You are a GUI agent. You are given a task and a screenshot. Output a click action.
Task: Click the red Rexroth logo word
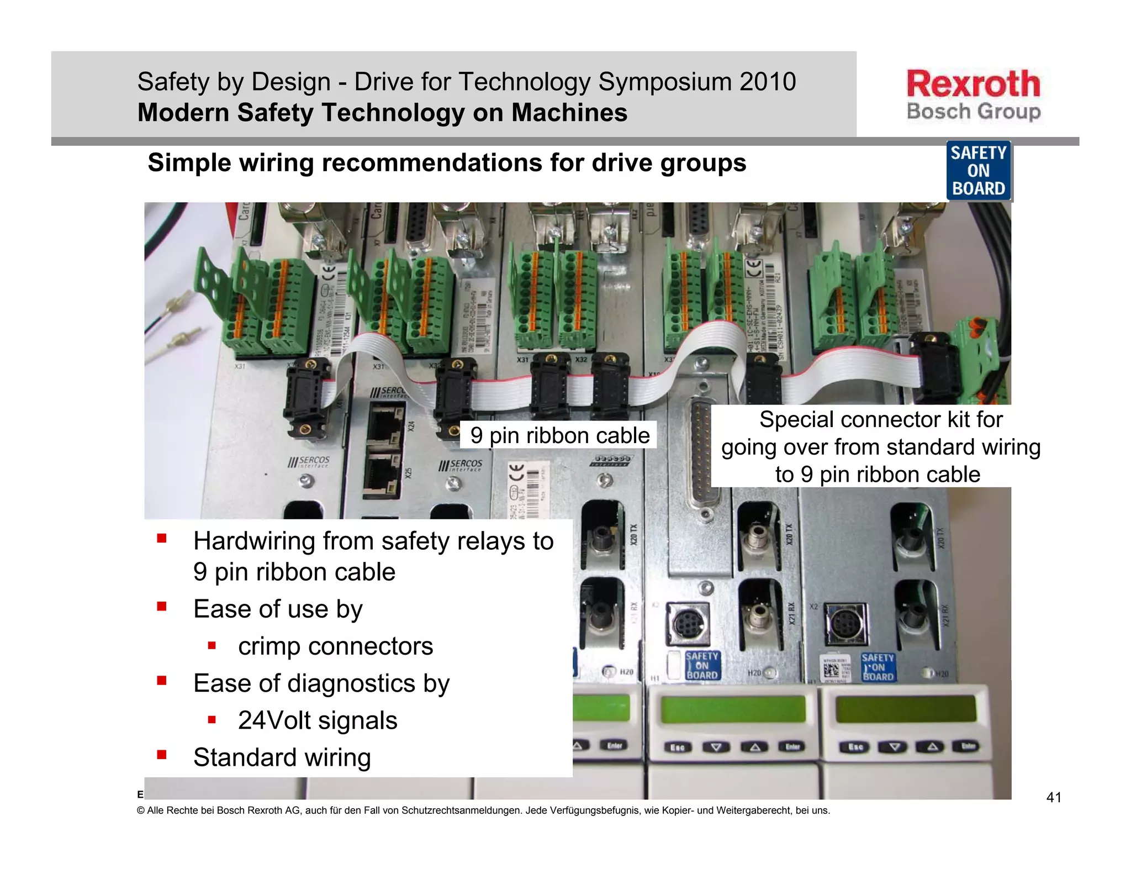[x=973, y=84]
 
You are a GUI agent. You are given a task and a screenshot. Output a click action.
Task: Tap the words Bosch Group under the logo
[x=973, y=112]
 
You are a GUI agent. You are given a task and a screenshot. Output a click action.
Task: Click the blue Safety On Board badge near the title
[x=979, y=171]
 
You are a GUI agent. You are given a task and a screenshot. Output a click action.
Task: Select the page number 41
[x=1054, y=797]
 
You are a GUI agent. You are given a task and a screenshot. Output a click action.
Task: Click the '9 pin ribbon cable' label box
[x=559, y=435]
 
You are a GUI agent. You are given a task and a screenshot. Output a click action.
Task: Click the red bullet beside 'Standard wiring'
[x=162, y=755]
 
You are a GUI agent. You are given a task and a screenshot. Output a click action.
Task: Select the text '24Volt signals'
[x=318, y=720]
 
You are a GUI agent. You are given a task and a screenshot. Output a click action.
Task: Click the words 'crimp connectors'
[x=335, y=646]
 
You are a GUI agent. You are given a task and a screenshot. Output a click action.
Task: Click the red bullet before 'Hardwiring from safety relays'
[x=162, y=539]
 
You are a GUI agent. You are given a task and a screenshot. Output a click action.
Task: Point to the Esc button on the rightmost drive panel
[x=854, y=747]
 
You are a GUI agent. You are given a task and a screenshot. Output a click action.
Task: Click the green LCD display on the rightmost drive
[x=906, y=709]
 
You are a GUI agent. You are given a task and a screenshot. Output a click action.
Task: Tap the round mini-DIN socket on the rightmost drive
[x=845, y=625]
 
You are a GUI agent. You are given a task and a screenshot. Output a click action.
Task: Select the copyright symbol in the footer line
[x=141, y=810]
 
